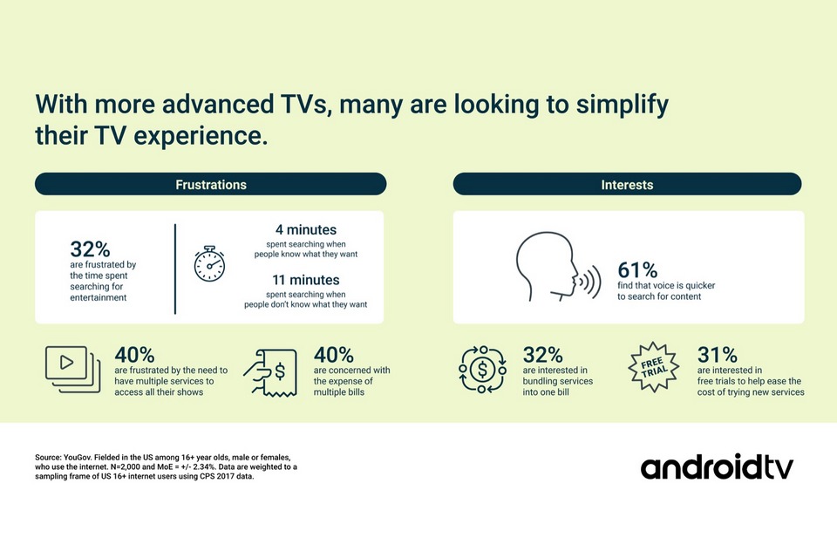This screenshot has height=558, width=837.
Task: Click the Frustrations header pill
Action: click(x=210, y=184)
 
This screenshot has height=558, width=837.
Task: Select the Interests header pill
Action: click(x=627, y=184)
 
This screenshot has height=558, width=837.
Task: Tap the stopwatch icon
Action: click(x=209, y=264)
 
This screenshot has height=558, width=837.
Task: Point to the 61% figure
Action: click(x=637, y=270)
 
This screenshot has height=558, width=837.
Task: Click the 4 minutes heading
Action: click(x=306, y=229)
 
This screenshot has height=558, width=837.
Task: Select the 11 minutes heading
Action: click(x=306, y=280)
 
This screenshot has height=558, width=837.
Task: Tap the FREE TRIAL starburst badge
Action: click(x=653, y=367)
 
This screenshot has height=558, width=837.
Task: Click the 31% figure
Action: click(x=717, y=355)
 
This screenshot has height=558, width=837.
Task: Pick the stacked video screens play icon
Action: click(x=72, y=369)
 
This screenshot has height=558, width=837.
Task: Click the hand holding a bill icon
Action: click(x=270, y=372)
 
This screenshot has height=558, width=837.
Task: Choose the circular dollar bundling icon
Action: click(x=482, y=369)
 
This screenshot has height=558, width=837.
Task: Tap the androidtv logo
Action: click(x=717, y=467)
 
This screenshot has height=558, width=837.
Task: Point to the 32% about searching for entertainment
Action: click(x=90, y=249)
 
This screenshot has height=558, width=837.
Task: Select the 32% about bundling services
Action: click(x=542, y=355)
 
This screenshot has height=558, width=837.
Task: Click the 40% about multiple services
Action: click(x=134, y=355)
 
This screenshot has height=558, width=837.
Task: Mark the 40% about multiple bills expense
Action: click(x=334, y=355)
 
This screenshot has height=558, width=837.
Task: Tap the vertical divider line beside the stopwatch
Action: click(x=175, y=269)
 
